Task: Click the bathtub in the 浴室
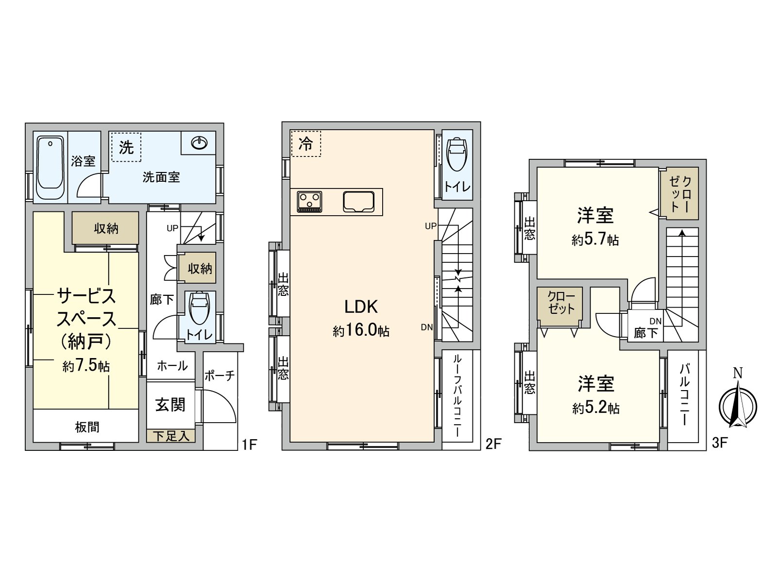point(50,168)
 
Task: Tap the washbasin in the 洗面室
point(199,143)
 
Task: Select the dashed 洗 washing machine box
point(126,147)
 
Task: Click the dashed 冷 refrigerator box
point(306,143)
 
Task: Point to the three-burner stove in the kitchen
point(309,202)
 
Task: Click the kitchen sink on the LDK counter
point(358,202)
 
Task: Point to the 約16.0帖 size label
point(361,331)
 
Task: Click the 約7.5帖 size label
point(86,366)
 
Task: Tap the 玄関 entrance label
point(170,405)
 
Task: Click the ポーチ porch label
point(220,376)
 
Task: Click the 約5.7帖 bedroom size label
point(595,240)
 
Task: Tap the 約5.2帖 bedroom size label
point(596,409)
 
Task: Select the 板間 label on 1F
point(87,427)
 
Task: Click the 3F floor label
point(719,443)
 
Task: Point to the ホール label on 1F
point(172,366)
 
